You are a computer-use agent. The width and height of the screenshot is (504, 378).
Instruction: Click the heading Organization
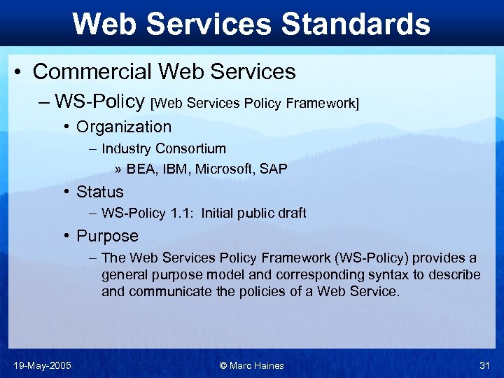click(x=124, y=127)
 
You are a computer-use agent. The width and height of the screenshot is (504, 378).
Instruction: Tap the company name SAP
click(x=274, y=169)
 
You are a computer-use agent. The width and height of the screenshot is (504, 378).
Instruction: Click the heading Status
click(x=99, y=192)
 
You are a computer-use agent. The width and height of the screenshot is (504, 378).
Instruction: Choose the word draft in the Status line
click(x=290, y=213)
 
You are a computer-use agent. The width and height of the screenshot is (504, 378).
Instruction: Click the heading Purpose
click(x=107, y=236)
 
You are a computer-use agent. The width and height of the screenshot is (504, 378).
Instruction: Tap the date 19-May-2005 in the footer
click(x=41, y=365)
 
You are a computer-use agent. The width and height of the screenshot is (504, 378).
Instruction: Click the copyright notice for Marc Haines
click(x=251, y=365)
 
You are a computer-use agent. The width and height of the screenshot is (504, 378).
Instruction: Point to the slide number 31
click(x=484, y=365)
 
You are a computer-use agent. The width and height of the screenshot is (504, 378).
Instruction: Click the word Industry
click(x=127, y=148)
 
